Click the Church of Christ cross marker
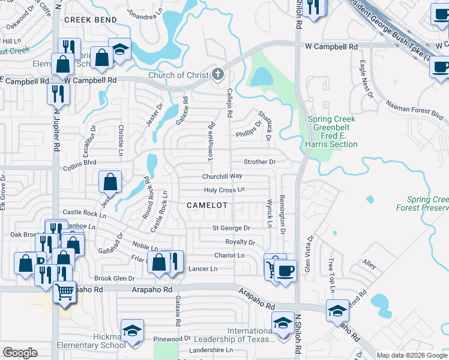218,75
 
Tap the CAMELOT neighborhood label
207,205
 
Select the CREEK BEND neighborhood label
90,20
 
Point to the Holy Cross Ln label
224,190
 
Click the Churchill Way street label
221,176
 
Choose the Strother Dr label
259,162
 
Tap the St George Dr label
231,228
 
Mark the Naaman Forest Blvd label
418,111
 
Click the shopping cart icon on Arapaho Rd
64,292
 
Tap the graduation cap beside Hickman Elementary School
132,330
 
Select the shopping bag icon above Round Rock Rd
110,181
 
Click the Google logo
20,353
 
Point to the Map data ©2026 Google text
412,355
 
